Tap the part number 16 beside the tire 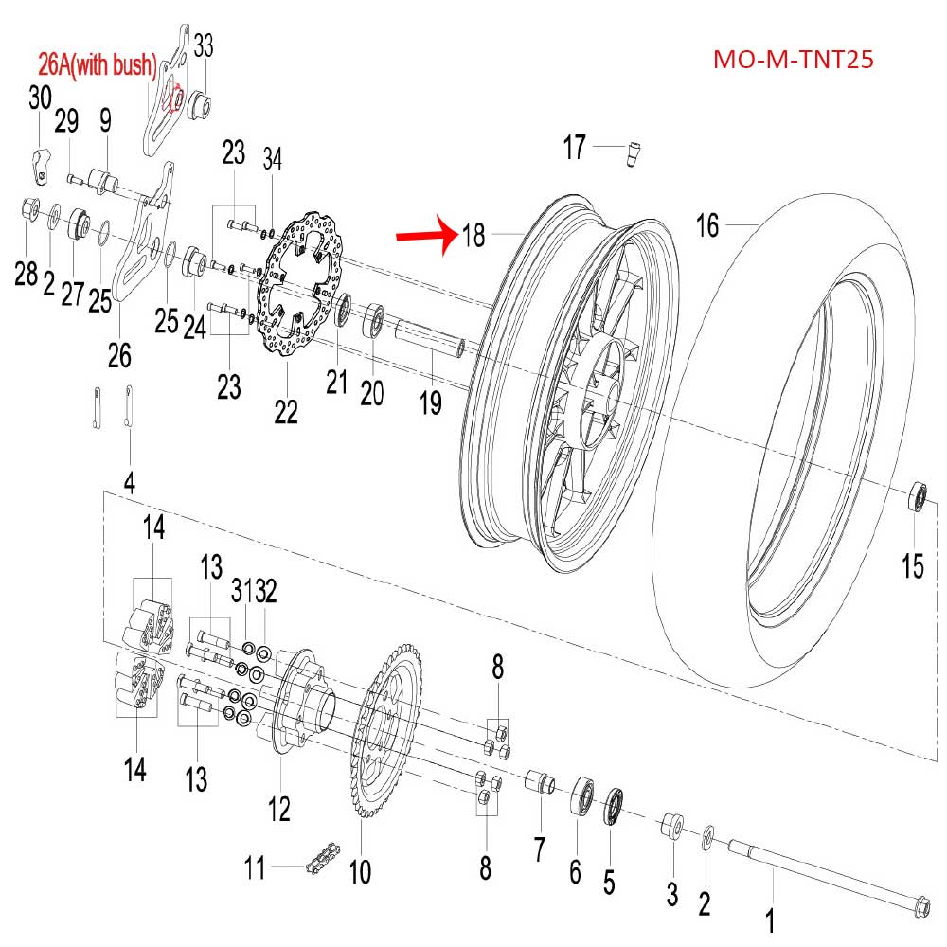coord(707,225)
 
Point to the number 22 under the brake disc coord(286,411)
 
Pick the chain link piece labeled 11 coord(317,865)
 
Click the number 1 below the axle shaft coord(770,920)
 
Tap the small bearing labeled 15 coord(918,496)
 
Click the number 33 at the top coord(204,45)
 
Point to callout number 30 coord(40,98)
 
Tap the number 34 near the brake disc coord(273,157)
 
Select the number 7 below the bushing coord(539,849)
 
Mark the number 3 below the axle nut coord(672,891)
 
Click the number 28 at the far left coord(26,275)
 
